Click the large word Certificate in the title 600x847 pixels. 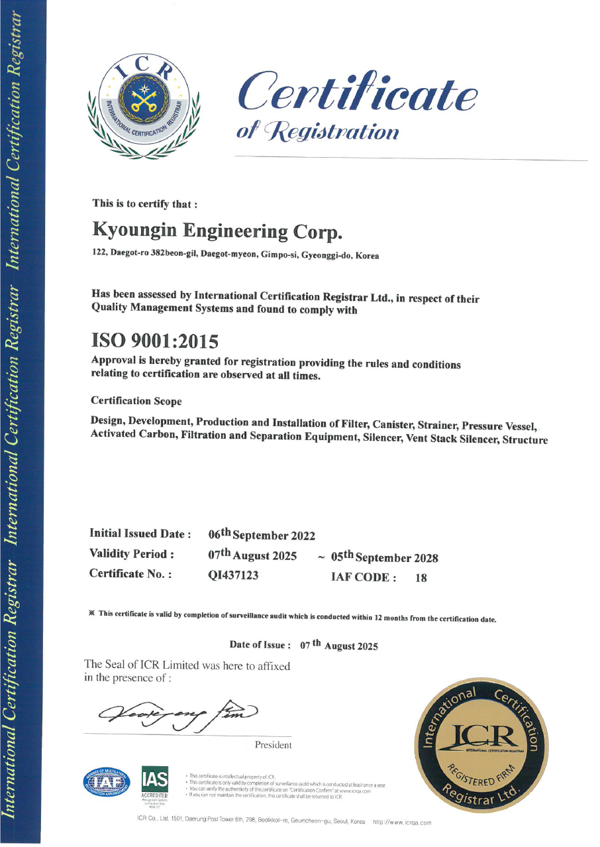(357, 93)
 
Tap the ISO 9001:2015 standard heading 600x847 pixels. (154, 341)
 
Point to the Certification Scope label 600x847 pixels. (136, 401)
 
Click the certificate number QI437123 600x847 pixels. (233, 575)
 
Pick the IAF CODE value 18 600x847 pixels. (421, 577)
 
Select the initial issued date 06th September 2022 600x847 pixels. (262, 534)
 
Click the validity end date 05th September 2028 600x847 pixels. (384, 557)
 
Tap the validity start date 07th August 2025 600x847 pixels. (252, 554)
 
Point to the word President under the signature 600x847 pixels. (273, 745)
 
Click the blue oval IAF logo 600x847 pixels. (107, 783)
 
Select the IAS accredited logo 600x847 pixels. (154, 783)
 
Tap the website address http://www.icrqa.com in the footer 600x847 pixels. (403, 822)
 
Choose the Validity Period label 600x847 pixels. (132, 553)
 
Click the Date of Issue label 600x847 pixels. (260, 644)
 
